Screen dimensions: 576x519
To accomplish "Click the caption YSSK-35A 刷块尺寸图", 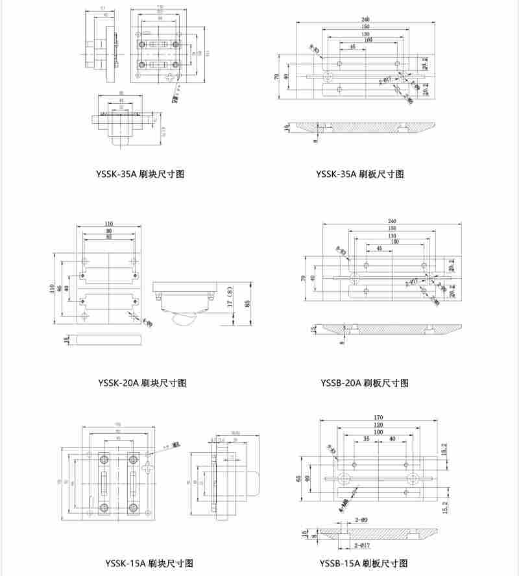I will coord(140,174).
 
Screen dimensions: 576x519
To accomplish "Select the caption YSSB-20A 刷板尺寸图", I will coord(365,383).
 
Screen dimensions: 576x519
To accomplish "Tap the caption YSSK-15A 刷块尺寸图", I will coord(149,563).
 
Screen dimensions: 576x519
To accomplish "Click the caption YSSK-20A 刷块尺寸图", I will coord(142,383).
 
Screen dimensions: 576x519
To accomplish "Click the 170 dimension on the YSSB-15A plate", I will coord(379,417).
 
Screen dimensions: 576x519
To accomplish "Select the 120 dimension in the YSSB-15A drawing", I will coord(379,424).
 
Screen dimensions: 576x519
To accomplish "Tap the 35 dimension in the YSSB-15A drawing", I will coord(367,439).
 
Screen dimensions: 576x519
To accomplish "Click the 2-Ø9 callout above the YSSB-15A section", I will coord(361,521).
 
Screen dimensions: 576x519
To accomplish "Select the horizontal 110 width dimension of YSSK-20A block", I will coord(108,224).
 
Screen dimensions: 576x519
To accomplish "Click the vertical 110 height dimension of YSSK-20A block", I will coord(53,288).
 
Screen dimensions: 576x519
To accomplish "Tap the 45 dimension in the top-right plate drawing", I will coord(352,47).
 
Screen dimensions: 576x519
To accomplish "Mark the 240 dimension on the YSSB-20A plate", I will coord(392,222).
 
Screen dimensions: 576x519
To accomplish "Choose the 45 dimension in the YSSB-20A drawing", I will coord(378,248).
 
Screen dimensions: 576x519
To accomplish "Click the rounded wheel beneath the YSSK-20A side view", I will coord(184,318).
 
